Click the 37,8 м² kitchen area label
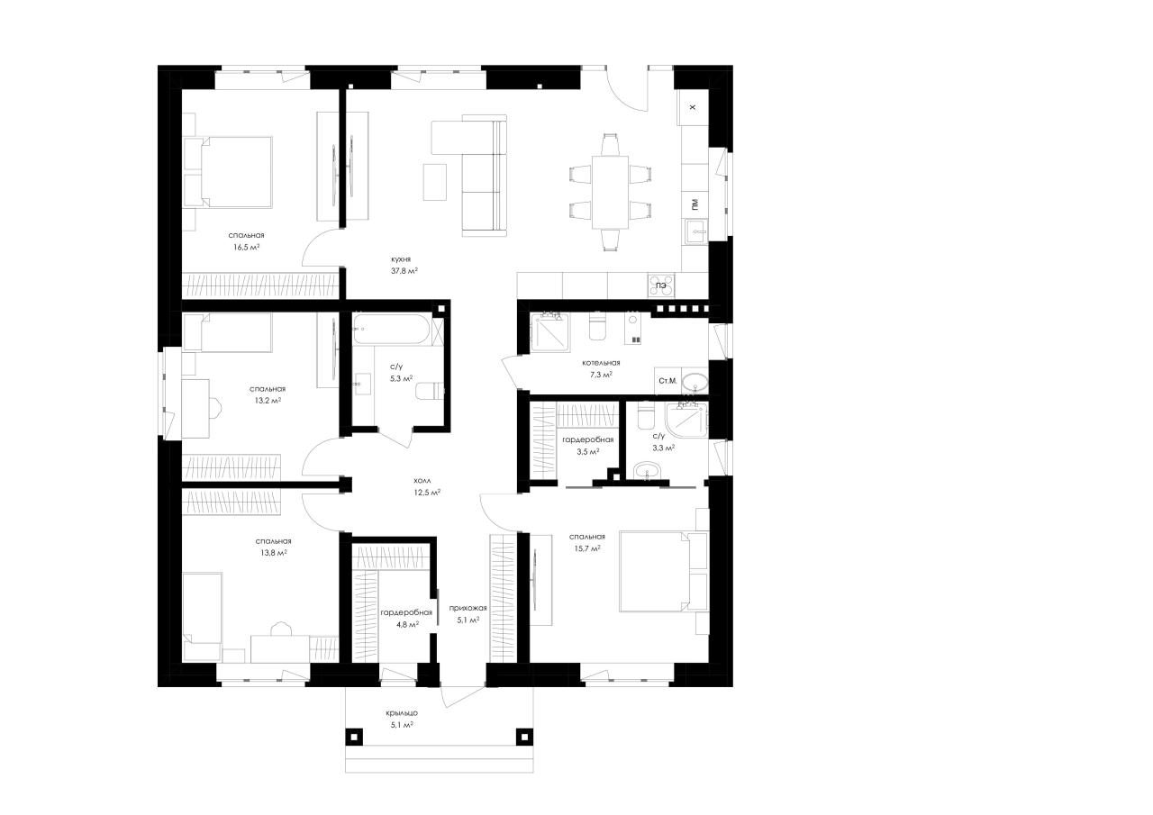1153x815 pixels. click(x=404, y=271)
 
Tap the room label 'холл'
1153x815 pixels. click(x=422, y=481)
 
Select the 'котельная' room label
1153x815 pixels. click(x=601, y=363)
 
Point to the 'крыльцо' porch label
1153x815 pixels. click(x=402, y=713)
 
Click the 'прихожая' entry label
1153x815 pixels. click(x=468, y=608)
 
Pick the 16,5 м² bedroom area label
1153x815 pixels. click(x=246, y=247)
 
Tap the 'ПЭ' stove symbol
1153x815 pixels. click(x=661, y=285)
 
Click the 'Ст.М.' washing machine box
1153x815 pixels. click(x=667, y=381)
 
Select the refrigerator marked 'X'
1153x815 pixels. click(x=693, y=107)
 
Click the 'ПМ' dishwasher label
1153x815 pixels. click(x=695, y=204)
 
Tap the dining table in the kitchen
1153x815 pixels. click(x=610, y=192)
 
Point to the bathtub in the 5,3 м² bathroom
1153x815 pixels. click(x=391, y=329)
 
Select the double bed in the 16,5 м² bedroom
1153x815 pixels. click(x=229, y=172)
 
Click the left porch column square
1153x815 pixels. click(x=354, y=737)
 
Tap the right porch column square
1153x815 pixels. click(x=524, y=737)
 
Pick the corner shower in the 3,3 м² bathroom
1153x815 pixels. click(x=686, y=421)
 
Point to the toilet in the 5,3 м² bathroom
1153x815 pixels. click(x=430, y=391)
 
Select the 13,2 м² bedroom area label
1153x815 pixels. click(x=268, y=401)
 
